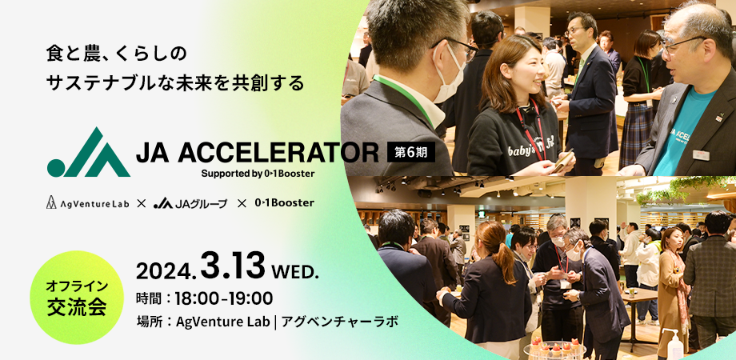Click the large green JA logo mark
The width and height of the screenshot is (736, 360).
click(89, 152)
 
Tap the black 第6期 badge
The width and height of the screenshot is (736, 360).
click(411, 152)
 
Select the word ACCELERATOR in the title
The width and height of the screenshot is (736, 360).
click(278, 153)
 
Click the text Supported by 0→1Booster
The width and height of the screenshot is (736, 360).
click(258, 174)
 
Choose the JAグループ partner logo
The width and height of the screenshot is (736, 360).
click(190, 203)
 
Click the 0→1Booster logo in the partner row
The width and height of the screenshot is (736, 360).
click(284, 203)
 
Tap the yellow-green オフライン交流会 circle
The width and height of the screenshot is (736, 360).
click(77, 298)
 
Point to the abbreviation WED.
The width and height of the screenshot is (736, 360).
click(296, 271)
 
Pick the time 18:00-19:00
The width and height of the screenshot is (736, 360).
click(224, 298)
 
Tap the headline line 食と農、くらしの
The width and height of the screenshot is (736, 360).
click(117, 54)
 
